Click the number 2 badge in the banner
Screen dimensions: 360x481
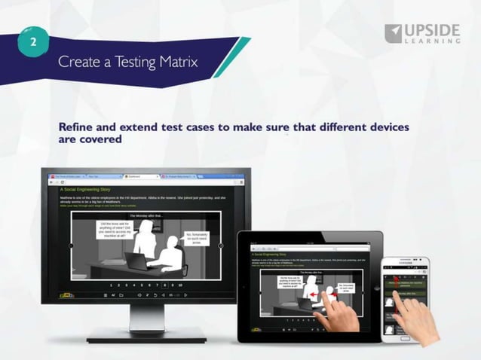[x=32, y=42]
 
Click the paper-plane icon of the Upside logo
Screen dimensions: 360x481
[x=394, y=33]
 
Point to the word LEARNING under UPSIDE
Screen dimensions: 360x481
[x=432, y=43]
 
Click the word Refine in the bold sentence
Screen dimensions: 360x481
[x=78, y=127]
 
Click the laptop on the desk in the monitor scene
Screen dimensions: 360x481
[x=136, y=261]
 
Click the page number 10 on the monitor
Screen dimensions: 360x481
[x=180, y=285]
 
